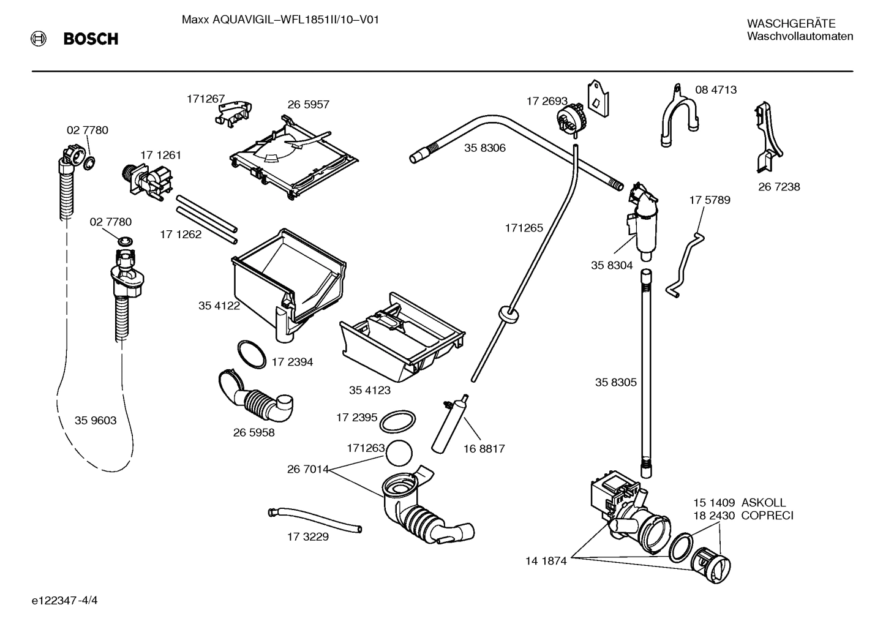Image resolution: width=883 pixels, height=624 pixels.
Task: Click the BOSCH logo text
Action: tap(91, 39)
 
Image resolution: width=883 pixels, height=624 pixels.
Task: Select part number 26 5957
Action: tap(308, 105)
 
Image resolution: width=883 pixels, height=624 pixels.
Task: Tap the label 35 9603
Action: tap(96, 421)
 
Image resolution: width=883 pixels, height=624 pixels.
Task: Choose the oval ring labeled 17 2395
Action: tap(398, 421)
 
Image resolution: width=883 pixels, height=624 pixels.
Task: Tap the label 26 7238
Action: tap(779, 187)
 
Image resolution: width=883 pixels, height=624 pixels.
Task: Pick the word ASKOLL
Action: tap(763, 503)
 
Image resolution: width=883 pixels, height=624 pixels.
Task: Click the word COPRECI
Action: tap(767, 516)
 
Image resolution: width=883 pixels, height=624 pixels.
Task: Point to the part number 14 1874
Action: tap(546, 560)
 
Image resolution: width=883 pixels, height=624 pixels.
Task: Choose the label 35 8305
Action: tap(615, 383)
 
